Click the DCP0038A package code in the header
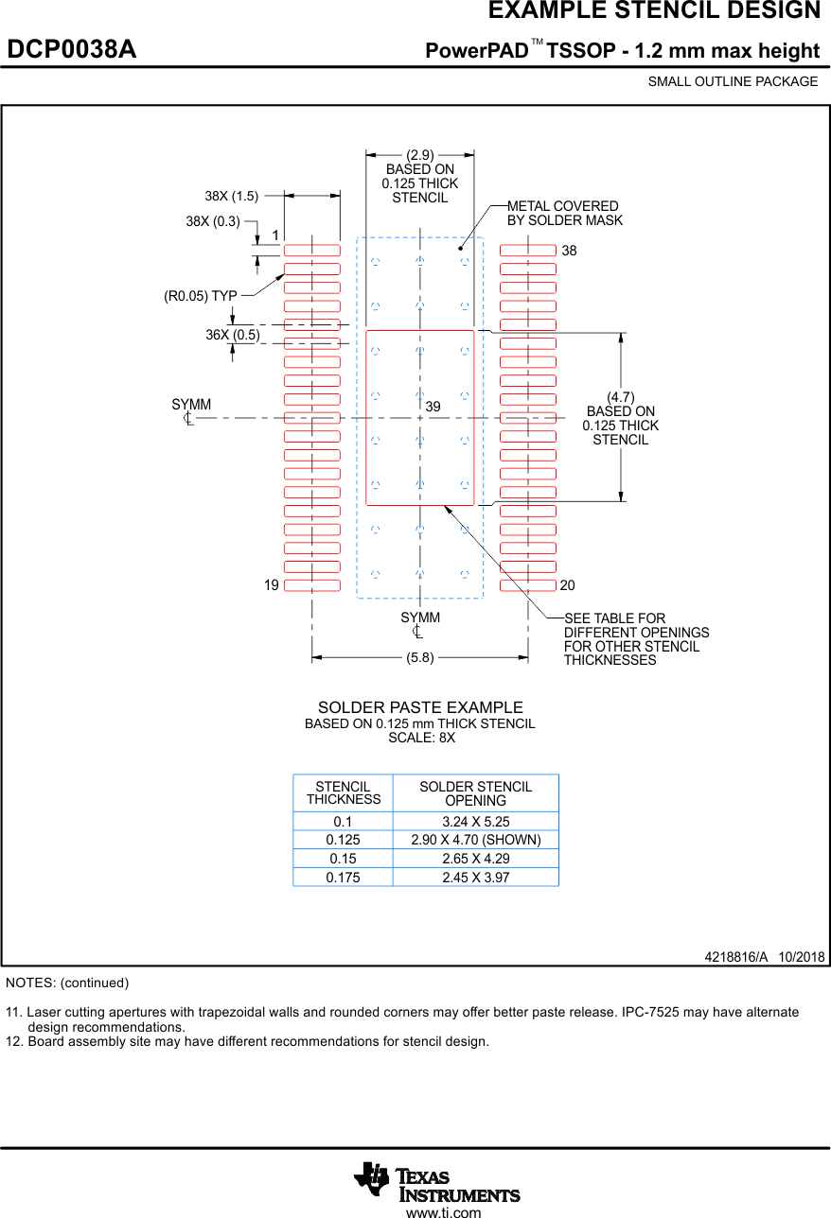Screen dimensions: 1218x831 coord(72,50)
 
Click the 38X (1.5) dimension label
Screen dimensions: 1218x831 coord(231,197)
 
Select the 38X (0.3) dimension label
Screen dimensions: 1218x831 coord(213,222)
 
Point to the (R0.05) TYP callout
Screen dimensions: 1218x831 coord(200,296)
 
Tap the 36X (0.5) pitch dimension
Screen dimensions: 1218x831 coord(233,335)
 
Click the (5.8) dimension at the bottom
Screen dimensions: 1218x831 coord(420,658)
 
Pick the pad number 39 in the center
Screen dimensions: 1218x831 coord(433,406)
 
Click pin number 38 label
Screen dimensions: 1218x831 coord(569,252)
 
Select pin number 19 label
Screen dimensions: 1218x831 coord(272,585)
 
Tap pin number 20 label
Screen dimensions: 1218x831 coord(568,585)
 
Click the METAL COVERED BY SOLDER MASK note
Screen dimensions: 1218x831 coord(564,213)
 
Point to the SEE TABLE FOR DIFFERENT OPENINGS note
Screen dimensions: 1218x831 coord(635,639)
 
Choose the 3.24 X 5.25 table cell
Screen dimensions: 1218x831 coord(475,822)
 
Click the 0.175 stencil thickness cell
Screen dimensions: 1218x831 coord(343,878)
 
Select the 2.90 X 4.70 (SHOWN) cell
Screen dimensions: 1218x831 coord(475,840)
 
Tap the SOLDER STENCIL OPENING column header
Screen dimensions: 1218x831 coord(475,793)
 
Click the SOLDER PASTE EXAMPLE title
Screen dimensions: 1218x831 coord(420,708)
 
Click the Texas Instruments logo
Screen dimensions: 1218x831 coord(437,1181)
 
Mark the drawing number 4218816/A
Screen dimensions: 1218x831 coord(735,957)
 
